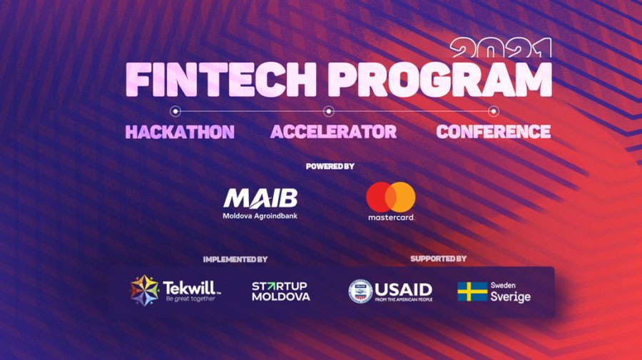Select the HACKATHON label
click(180, 132)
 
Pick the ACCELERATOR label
click(333, 132)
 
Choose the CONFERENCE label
click(493, 132)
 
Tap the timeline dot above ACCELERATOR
click(328, 111)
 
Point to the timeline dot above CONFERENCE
click(492, 111)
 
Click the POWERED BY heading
click(330, 166)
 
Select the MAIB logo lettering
click(260, 198)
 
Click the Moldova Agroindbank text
click(260, 215)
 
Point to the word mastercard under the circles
click(391, 217)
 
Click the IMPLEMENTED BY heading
click(235, 259)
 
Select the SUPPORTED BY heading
click(438, 259)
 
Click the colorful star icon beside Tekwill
click(144, 289)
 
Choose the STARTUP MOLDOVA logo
click(280, 290)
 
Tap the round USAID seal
click(360, 291)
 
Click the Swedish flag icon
click(472, 291)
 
